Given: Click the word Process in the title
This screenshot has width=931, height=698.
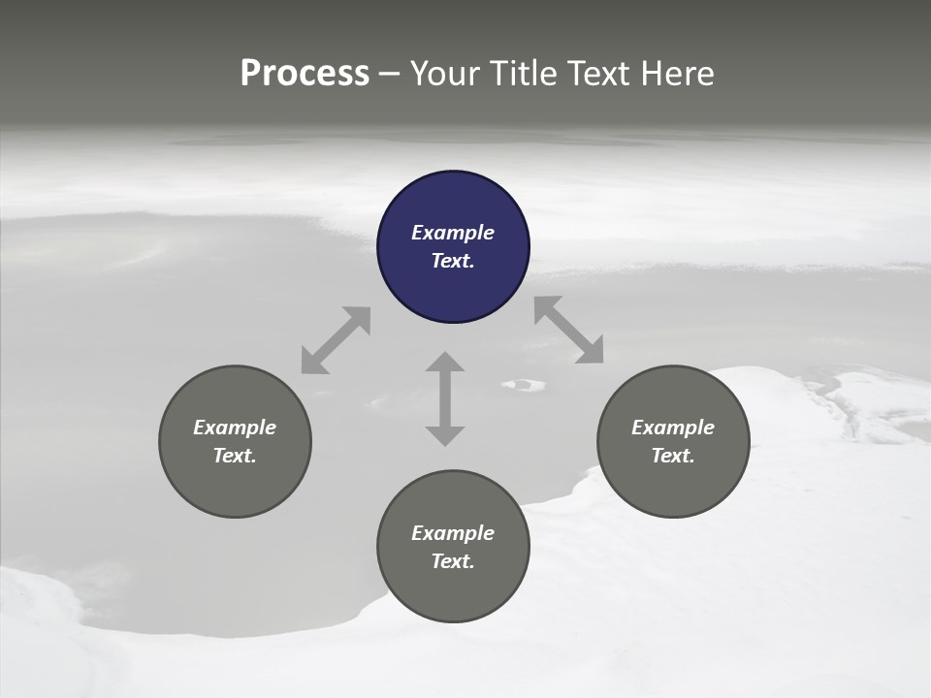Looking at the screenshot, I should [305, 74].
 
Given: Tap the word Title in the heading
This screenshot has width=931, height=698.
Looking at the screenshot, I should [526, 74].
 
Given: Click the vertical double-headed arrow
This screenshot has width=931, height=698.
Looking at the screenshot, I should [445, 398].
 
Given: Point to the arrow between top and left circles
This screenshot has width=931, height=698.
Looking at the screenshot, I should [336, 340].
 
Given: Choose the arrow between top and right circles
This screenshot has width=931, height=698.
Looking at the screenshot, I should [568, 330].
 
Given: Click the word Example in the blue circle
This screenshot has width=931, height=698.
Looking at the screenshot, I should [453, 233].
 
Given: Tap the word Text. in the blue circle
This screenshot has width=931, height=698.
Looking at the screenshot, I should [453, 261].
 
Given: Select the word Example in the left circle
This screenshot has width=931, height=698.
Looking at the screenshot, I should [235, 428].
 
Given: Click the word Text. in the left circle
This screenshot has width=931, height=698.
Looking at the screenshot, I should [235, 456].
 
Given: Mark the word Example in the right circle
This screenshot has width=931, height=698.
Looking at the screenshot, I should [673, 428].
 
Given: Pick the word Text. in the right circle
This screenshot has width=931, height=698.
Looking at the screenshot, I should [673, 456].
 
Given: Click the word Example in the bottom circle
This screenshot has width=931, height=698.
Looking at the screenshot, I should [453, 533].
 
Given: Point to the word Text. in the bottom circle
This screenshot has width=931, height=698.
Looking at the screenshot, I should [453, 561].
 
